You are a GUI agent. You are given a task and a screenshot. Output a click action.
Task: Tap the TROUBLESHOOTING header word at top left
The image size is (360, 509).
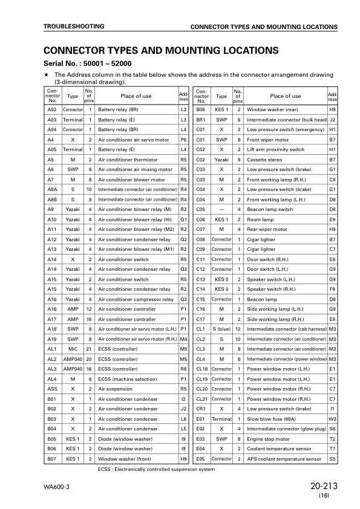point(73,27)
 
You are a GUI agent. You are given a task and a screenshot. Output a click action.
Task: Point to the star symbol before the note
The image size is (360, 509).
point(46,74)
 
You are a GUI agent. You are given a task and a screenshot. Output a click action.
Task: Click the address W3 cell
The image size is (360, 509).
point(332,417)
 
